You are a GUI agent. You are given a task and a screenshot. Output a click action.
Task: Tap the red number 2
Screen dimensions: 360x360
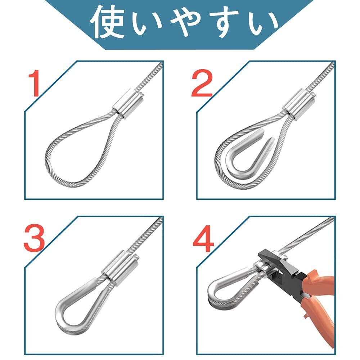pos(202,83)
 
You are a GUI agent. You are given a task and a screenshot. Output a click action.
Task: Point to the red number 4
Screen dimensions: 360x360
pos(203,239)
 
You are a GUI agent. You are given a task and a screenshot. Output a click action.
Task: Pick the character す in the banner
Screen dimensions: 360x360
pos(227,22)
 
